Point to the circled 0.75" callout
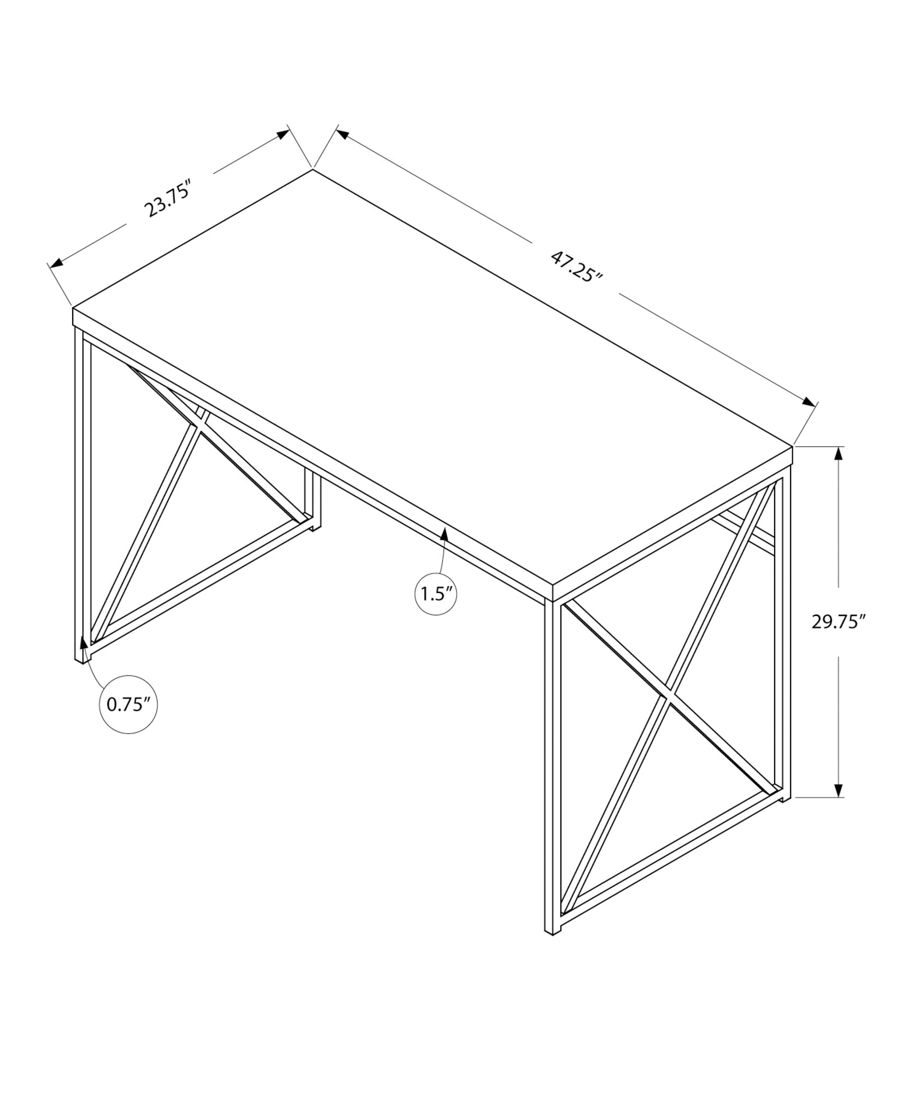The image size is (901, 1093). pos(128,704)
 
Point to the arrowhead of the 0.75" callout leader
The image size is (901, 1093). pos(84,642)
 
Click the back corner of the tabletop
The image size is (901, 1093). pos(313,169)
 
